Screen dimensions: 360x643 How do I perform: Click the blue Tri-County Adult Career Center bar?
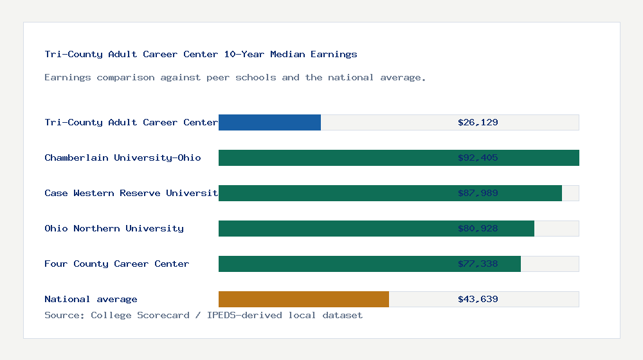(x=269, y=122)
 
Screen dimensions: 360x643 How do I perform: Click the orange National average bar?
(x=303, y=299)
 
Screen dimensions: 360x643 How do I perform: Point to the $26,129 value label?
(x=478, y=122)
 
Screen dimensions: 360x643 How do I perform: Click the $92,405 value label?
(x=478, y=157)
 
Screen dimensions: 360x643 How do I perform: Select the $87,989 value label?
(x=478, y=193)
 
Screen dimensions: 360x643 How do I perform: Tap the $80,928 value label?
(x=478, y=228)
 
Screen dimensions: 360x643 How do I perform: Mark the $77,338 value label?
(x=478, y=264)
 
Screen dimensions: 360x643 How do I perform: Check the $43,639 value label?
(x=478, y=299)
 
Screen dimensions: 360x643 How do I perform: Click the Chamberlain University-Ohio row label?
(x=123, y=157)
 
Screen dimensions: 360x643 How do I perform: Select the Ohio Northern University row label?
(x=114, y=228)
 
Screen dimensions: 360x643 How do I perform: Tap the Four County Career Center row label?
(x=117, y=264)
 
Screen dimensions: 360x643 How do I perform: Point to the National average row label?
(x=91, y=299)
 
